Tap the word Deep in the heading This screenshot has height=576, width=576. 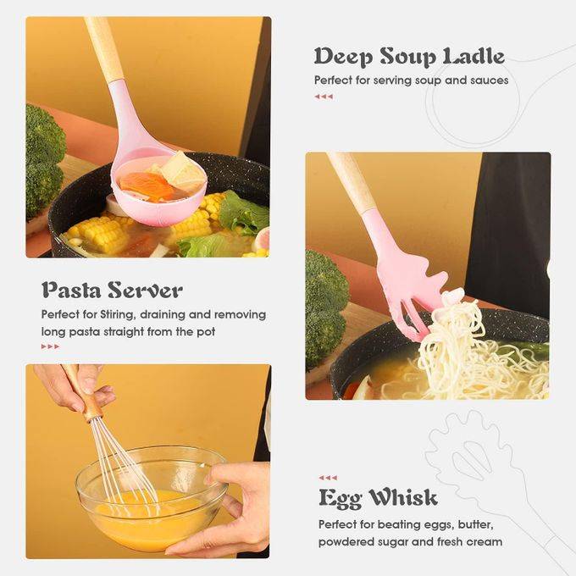click(x=343, y=58)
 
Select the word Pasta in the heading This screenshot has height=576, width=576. click(x=72, y=290)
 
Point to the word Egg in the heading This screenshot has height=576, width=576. click(x=340, y=499)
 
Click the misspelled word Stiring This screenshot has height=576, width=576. click(x=117, y=315)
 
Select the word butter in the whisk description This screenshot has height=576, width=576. click(x=474, y=524)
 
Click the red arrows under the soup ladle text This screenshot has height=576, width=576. click(x=324, y=97)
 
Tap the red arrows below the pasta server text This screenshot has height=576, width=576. click(x=50, y=346)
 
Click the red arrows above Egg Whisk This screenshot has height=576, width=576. click(x=328, y=478)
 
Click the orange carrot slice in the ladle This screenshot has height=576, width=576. click(x=147, y=186)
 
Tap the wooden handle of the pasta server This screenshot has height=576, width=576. click(x=352, y=183)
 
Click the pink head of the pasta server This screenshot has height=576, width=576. click(x=404, y=280)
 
